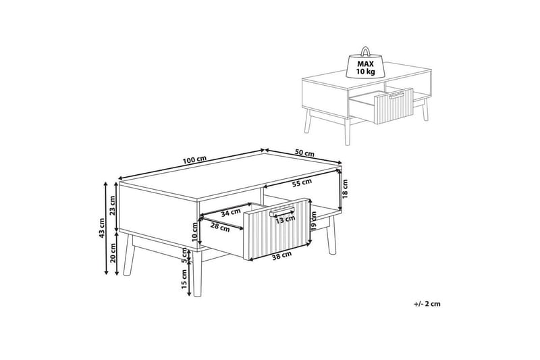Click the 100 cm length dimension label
[x=194, y=160]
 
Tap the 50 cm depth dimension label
[x=305, y=152]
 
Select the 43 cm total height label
[x=101, y=229]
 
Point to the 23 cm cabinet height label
[x=113, y=205]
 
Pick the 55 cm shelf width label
[x=302, y=183]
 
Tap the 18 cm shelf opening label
[x=345, y=189]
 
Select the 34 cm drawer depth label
[x=231, y=213]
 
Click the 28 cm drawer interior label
[x=220, y=228]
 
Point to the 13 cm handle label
[x=285, y=219]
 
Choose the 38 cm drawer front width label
[x=281, y=255]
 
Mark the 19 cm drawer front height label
[x=313, y=221]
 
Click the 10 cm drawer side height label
[x=194, y=232]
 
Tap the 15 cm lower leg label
[x=184, y=279]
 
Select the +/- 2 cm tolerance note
[x=427, y=304]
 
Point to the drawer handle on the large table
[x=282, y=211]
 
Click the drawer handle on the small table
[x=396, y=95]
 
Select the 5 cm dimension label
[x=184, y=256]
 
